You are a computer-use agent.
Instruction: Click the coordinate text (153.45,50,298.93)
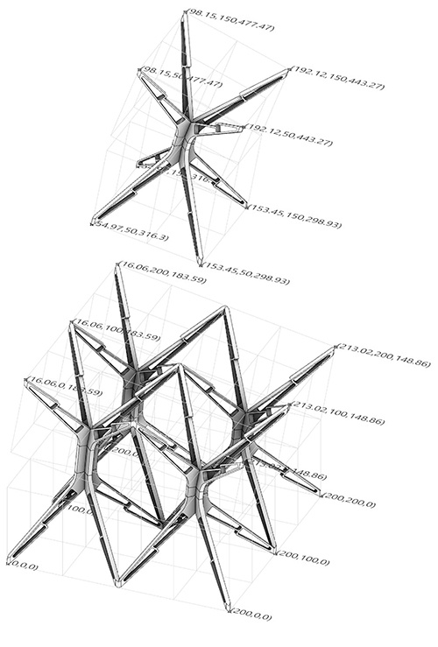click(246, 280)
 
